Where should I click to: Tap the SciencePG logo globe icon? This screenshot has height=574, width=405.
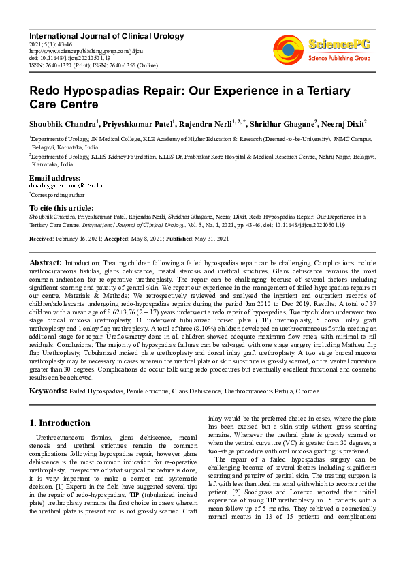click(288, 52)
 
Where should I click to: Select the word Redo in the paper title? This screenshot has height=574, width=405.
click(46, 91)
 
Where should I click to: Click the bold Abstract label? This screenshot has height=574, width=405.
click(46, 262)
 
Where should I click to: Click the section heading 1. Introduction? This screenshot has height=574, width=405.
click(61, 423)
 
